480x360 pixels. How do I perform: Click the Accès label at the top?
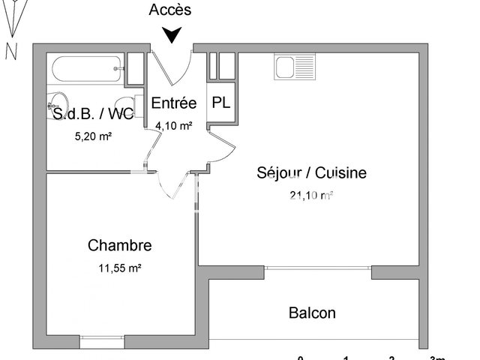point(170,10)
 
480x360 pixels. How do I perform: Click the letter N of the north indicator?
point(11,51)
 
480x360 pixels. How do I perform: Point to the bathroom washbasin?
point(56,105)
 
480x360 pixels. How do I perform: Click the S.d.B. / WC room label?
point(92,114)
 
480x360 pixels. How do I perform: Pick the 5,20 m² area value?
point(93,136)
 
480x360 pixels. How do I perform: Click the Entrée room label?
point(174,103)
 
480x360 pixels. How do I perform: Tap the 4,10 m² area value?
point(174,126)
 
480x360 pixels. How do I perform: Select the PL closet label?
point(221,103)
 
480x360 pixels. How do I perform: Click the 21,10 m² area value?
point(310,196)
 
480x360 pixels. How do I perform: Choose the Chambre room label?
point(120,245)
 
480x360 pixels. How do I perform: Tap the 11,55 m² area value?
point(120,267)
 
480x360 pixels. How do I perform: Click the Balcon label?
point(312,313)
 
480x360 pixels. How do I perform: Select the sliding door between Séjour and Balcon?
point(319,267)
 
